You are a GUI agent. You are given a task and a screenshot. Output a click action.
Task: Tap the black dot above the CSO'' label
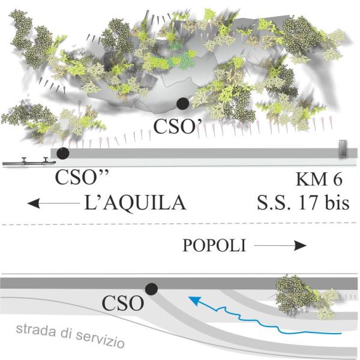(x=62, y=154)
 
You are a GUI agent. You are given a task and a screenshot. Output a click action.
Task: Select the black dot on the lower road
(x=152, y=289)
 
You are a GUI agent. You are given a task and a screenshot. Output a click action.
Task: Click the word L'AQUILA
(x=136, y=205)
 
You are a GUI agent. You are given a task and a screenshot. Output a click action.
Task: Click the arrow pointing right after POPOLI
(x=279, y=245)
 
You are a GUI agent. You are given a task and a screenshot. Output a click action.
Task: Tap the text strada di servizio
(x=71, y=336)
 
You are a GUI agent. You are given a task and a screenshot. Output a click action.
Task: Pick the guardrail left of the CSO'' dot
(x=29, y=161)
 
